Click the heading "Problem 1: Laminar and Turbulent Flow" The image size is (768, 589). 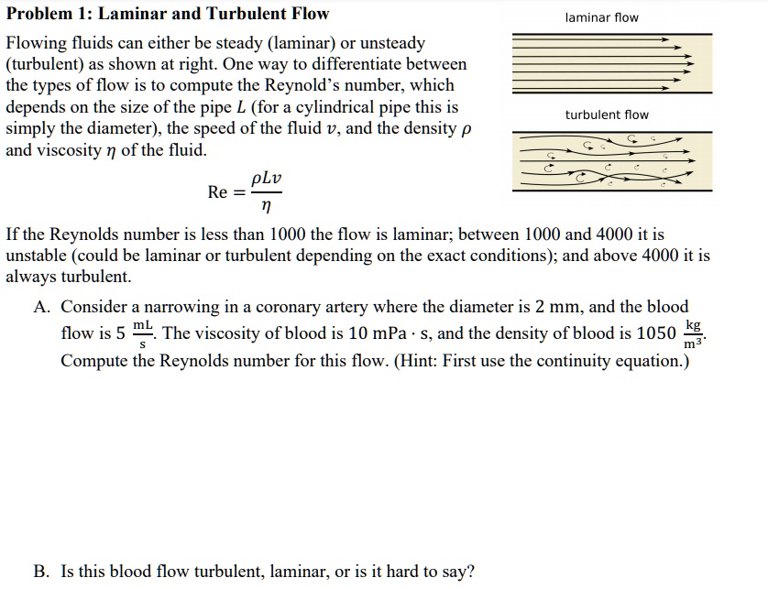click(168, 14)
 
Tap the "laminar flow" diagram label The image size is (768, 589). click(602, 17)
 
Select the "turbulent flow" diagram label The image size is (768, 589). click(606, 115)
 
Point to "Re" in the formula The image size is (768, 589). click(218, 191)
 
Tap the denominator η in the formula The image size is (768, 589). click(265, 207)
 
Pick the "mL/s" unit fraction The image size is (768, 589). click(143, 333)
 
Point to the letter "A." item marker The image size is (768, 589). click(42, 307)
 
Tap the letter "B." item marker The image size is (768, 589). click(42, 572)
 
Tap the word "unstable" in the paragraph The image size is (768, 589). click(38, 256)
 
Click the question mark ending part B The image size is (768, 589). click(471, 572)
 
